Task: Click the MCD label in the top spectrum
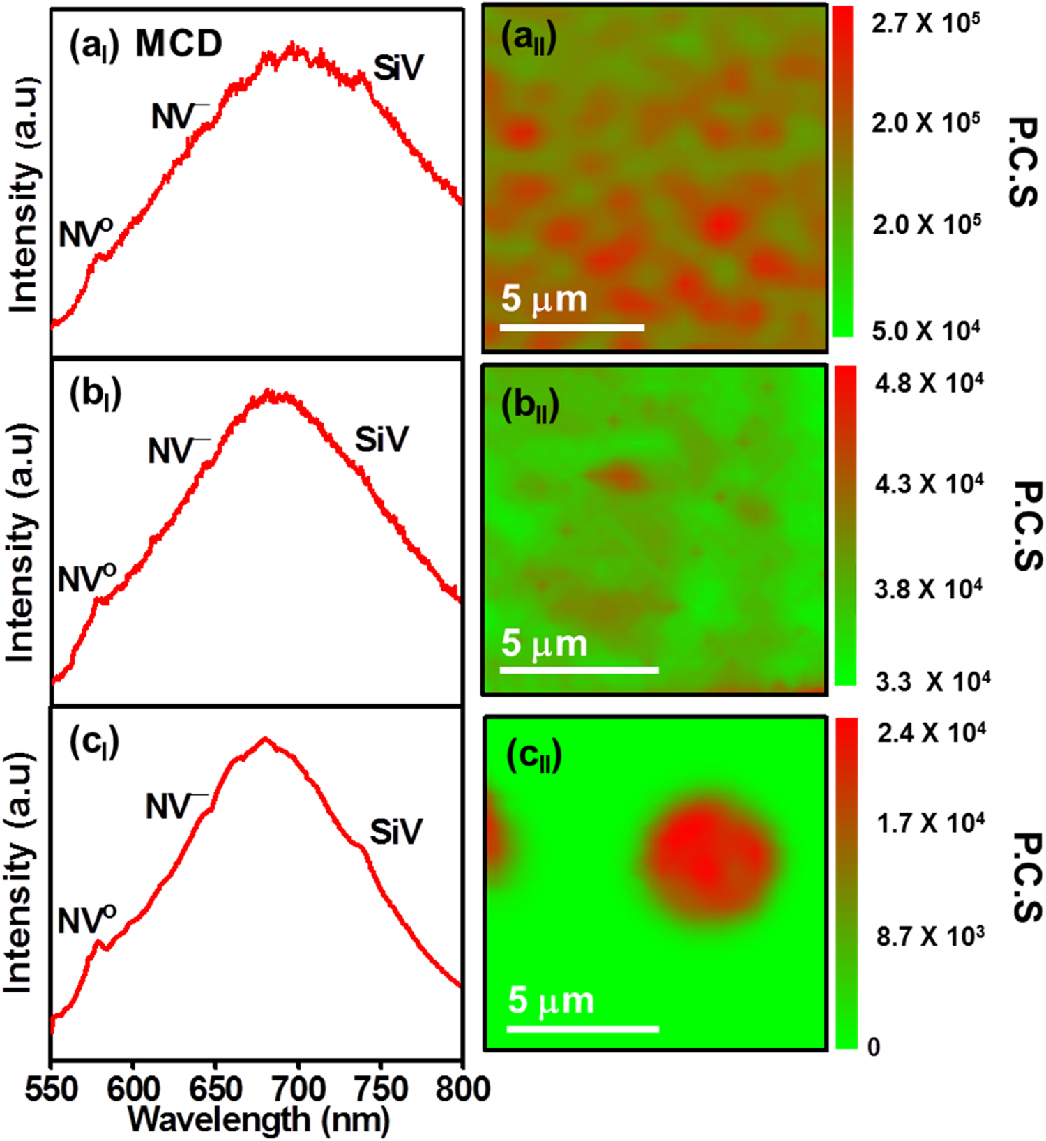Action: click(x=179, y=45)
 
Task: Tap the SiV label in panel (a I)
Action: click(x=398, y=68)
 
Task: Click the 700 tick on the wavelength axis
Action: click(x=298, y=1089)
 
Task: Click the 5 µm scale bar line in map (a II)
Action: click(x=572, y=327)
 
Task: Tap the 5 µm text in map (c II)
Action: click(x=551, y=1001)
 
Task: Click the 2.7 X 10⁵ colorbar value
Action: click(x=925, y=24)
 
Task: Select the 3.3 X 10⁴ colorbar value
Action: click(x=932, y=681)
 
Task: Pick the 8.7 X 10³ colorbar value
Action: click(x=930, y=937)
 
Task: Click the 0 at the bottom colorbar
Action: click(x=873, y=1047)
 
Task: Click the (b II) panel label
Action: click(x=530, y=407)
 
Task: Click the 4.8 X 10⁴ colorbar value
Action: click(x=929, y=384)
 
